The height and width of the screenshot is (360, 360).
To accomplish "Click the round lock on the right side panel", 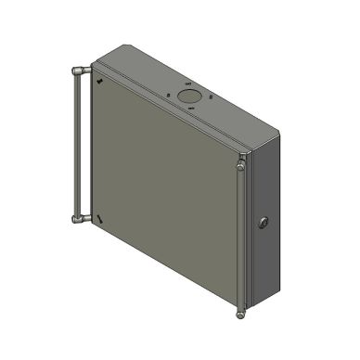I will point(264,223).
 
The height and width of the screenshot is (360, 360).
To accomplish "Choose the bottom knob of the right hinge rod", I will point(241,314).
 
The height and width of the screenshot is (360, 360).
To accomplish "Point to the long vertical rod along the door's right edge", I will point(241,241).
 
